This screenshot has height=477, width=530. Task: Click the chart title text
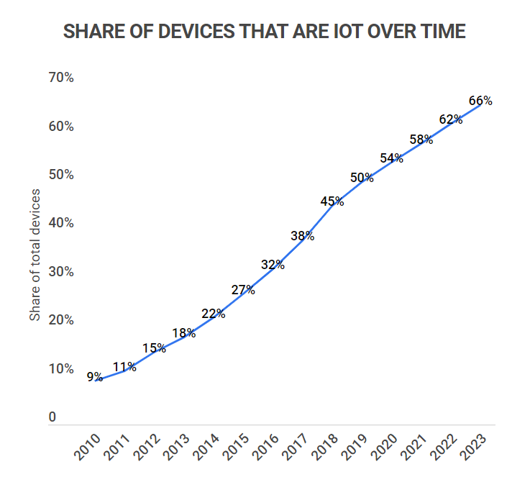tap(265, 32)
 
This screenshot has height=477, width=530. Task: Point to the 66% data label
tap(480, 101)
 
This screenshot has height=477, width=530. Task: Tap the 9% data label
tap(95, 376)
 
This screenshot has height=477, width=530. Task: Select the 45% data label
tap(332, 201)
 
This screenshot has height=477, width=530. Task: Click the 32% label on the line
tap(273, 265)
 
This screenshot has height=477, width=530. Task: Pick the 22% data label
tap(214, 314)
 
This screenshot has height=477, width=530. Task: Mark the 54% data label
tap(391, 158)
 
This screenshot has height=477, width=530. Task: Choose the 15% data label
tap(154, 348)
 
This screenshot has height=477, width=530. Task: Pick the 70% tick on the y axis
tap(60, 78)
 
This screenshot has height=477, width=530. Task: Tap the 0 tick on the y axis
tap(52, 417)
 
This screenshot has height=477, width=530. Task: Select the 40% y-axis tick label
tap(60, 223)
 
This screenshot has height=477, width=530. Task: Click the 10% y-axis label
tap(60, 369)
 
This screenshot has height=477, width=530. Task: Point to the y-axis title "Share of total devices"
tap(35, 255)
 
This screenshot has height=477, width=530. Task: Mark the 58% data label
tap(421, 140)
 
